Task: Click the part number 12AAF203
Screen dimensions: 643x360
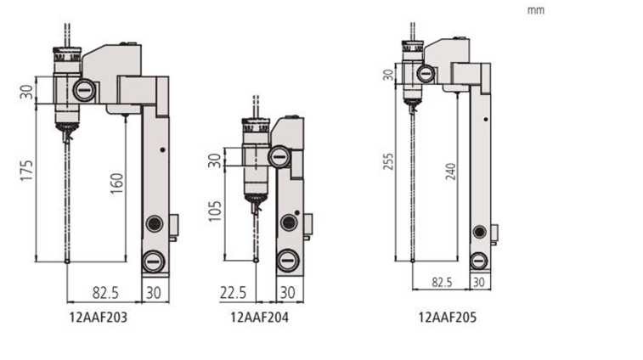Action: pos(99,318)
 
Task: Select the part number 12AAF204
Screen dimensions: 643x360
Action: pos(260,318)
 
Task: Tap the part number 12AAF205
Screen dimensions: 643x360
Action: pos(448,318)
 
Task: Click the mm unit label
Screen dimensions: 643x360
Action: pos(536,10)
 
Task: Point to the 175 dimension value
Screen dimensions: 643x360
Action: pos(26,171)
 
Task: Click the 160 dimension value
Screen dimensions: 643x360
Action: pos(117,183)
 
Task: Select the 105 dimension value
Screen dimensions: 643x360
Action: pos(215,211)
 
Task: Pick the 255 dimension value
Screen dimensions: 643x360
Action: pos(388,161)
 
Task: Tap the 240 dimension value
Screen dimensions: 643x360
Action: pos(451,172)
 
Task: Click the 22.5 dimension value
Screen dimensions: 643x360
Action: pos(233,293)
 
